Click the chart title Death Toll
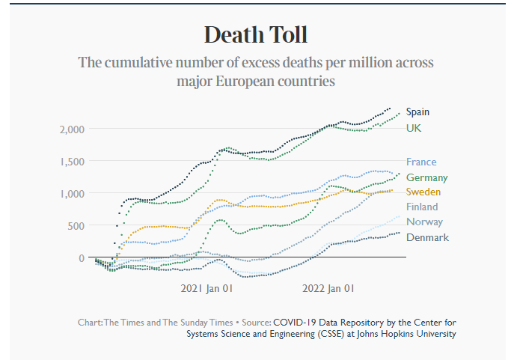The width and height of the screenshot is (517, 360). (x=255, y=34)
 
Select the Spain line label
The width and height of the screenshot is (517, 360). (x=417, y=112)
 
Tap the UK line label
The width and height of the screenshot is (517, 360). (x=414, y=128)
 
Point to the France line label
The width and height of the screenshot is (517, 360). (x=421, y=162)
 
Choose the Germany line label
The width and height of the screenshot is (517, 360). (x=426, y=177)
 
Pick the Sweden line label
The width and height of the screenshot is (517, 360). (x=423, y=192)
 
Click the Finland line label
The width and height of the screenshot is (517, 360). (x=422, y=207)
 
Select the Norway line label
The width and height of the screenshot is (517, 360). (x=424, y=222)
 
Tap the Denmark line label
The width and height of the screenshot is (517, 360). (x=427, y=237)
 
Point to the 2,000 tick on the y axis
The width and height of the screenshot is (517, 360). (x=73, y=129)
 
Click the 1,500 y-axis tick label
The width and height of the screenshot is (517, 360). (x=73, y=161)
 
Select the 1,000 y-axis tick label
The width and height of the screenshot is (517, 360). (x=73, y=193)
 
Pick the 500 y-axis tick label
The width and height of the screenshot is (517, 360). (x=78, y=225)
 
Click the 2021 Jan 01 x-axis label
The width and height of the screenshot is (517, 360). (x=207, y=287)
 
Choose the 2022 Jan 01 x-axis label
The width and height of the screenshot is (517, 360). (x=328, y=287)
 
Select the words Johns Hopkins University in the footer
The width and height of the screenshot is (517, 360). (x=408, y=334)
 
